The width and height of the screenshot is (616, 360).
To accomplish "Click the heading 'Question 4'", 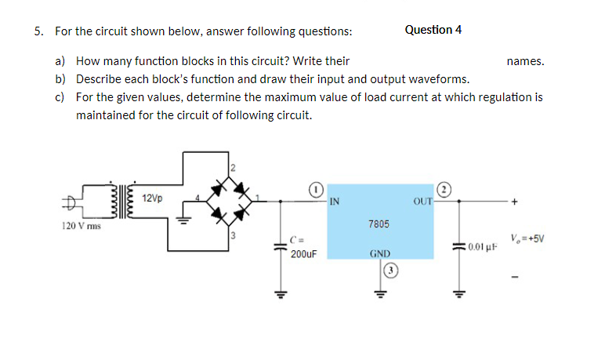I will click(433, 30).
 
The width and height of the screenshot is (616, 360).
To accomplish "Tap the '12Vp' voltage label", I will click(153, 198).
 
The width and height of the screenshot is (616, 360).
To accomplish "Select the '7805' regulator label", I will click(378, 224).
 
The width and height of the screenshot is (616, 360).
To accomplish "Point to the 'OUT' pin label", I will click(422, 201).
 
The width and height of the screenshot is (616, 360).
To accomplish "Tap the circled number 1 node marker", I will click(314, 189).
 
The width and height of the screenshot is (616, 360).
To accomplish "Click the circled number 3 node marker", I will click(391, 271).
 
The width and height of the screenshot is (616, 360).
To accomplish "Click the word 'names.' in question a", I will click(524, 60).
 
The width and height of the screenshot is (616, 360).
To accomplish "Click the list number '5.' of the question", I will click(39, 31).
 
